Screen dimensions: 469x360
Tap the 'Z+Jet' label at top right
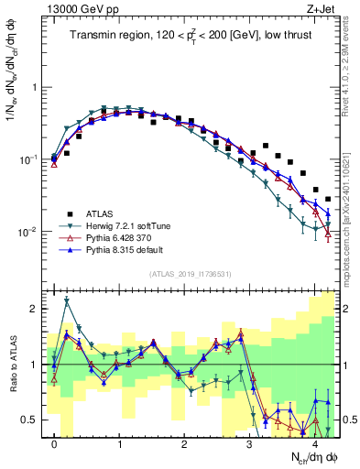pos(322,8)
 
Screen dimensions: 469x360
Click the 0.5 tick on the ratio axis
pos(33,420)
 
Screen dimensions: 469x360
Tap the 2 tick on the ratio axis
pos(37,309)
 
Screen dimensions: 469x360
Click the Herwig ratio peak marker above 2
pos(67,300)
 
